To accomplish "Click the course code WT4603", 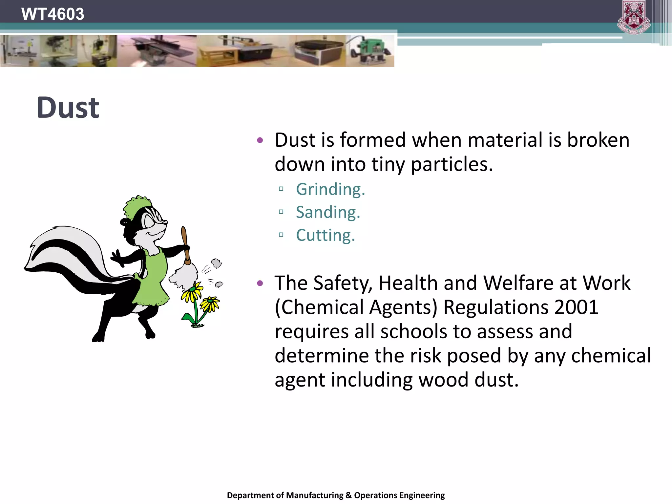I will tap(52, 14).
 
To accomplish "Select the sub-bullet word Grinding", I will tap(330, 189).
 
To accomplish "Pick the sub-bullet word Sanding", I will tap(328, 212).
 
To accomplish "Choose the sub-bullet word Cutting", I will tap(325, 235).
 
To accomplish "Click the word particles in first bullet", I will tap(451, 164).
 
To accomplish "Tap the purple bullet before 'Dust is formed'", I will tap(260, 140).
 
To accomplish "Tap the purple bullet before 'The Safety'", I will tap(260, 283).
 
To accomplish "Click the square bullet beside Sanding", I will tap(281, 212).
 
